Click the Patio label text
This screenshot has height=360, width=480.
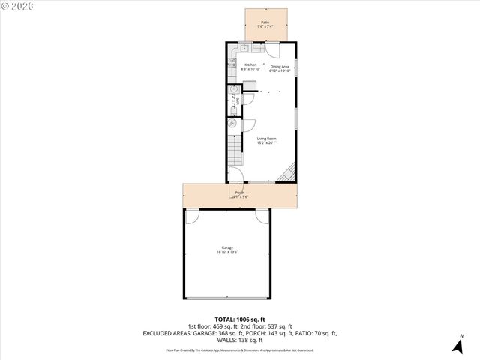coord(265,22)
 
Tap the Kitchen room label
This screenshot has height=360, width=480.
coord(250,64)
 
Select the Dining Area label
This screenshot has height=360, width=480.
coord(280,67)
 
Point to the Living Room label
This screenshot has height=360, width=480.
coord(266,138)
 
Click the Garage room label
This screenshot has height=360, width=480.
coord(226,247)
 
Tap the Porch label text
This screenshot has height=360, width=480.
coord(239,193)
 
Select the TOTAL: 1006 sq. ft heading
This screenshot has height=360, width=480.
coord(239,319)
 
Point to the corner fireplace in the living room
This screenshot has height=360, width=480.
coord(288,175)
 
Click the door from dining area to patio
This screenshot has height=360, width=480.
coord(274,52)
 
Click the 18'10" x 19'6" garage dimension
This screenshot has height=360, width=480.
coord(226,252)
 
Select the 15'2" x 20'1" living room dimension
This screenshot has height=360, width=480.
coord(266,142)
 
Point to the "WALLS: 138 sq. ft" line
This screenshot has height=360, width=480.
coord(239,339)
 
